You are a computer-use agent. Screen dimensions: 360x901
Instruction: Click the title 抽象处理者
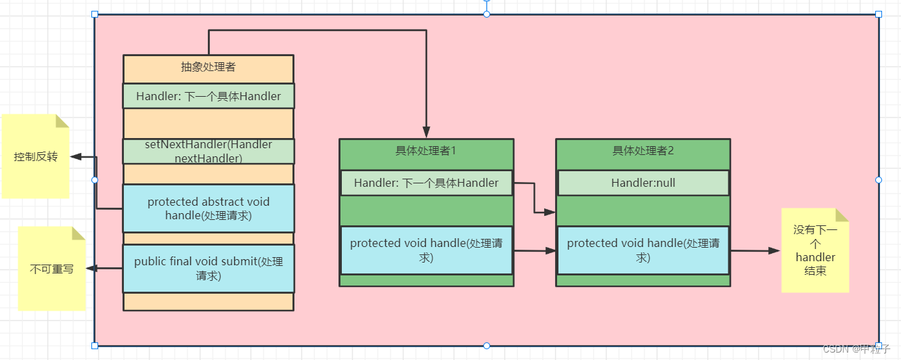click(x=208, y=67)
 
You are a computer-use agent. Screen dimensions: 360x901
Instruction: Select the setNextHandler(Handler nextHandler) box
click(x=208, y=151)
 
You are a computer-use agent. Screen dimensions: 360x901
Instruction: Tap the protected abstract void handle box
click(x=208, y=208)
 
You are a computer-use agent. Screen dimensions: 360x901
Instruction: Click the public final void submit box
click(x=208, y=268)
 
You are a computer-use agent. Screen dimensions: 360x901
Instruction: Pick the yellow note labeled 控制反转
click(x=36, y=157)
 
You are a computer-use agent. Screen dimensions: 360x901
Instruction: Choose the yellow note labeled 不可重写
click(x=51, y=269)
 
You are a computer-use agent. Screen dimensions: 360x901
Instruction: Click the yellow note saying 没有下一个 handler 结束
click(x=815, y=250)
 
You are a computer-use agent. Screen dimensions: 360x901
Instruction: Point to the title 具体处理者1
click(x=426, y=150)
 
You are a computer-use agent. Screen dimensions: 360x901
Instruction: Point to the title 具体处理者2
click(x=642, y=150)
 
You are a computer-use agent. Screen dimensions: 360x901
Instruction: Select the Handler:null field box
click(x=642, y=183)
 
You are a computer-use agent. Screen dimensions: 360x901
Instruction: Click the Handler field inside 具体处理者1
click(x=426, y=183)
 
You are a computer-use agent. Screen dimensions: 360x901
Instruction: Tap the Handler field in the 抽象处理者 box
click(x=208, y=96)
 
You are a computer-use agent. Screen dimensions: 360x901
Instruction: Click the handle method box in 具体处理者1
click(x=426, y=250)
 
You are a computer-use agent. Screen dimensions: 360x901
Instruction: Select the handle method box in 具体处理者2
click(x=642, y=250)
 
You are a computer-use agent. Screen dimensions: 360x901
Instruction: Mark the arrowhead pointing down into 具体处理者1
click(x=426, y=133)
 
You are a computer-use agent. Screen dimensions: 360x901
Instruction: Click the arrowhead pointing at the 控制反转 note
click(x=76, y=156)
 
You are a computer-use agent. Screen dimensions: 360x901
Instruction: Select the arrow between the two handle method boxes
click(x=535, y=250)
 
